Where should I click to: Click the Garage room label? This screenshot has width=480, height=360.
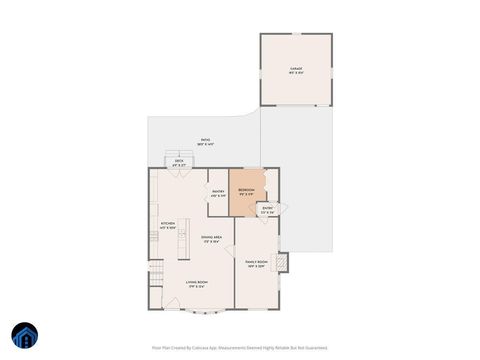[296, 70]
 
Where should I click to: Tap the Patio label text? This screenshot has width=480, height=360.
[205, 142]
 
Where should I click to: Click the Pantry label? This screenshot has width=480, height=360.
[218, 193]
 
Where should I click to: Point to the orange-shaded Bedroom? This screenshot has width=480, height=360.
[245, 192]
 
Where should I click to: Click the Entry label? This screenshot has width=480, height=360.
[267, 210]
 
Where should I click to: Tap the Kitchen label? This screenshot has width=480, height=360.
[167, 225]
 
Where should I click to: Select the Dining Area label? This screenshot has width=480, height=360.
[212, 239]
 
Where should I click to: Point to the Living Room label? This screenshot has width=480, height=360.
[195, 284]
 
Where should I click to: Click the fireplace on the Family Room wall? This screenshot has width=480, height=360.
[282, 262]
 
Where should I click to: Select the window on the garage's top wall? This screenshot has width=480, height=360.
[296, 35]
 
